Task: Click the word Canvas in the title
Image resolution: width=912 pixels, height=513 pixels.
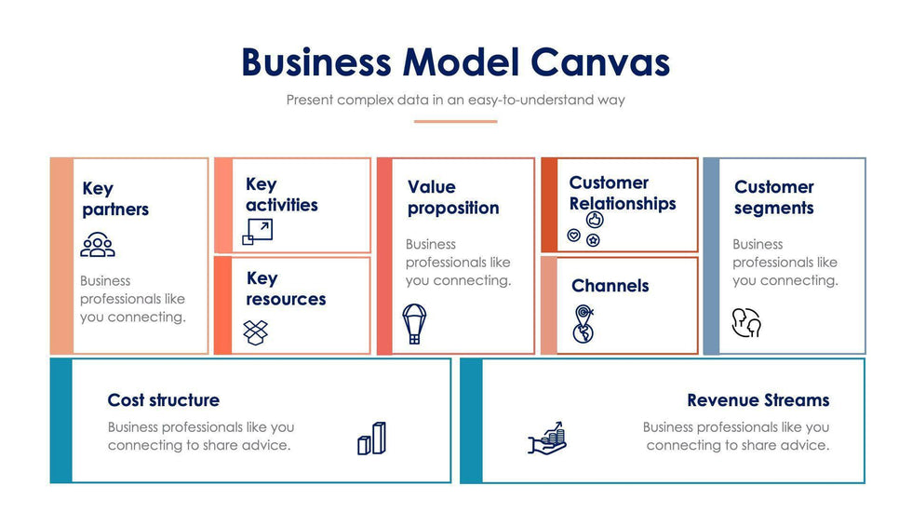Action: [x=600, y=62]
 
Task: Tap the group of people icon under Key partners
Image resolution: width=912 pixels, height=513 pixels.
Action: [x=98, y=244]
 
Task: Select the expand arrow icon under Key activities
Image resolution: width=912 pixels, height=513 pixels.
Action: [x=257, y=232]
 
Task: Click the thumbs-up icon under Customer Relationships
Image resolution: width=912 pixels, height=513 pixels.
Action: [x=596, y=221]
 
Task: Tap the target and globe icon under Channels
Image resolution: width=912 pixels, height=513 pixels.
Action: [x=583, y=323]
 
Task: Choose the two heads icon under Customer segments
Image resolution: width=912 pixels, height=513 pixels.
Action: [x=746, y=322]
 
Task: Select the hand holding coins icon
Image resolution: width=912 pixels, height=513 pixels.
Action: [x=547, y=438]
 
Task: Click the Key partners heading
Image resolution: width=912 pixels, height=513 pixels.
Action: [x=114, y=199]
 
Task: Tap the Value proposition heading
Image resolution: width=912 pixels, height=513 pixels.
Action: [x=453, y=197]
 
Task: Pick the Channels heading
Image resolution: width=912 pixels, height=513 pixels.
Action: [x=610, y=286]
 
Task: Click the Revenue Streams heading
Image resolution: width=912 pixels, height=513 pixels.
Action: [x=758, y=400]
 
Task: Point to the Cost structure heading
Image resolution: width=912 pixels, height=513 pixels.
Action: [x=164, y=400]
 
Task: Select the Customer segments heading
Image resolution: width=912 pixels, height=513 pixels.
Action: [x=773, y=197]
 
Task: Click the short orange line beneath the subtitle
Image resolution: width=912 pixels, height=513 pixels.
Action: [x=456, y=121]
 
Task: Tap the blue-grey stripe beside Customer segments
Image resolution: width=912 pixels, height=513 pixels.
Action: [x=712, y=256]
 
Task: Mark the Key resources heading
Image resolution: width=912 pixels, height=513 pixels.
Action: [x=286, y=289]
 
